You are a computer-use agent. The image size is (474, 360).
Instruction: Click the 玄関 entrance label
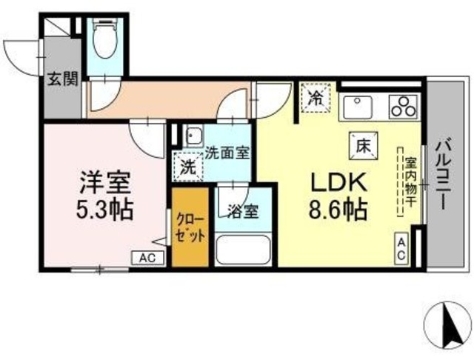(x=61, y=79)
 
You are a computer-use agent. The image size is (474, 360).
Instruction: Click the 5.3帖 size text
(x=106, y=210)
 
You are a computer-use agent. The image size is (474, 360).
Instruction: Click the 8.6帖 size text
(x=338, y=211)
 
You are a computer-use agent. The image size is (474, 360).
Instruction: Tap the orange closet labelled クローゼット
(x=190, y=227)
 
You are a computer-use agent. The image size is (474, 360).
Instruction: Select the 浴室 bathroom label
(x=241, y=211)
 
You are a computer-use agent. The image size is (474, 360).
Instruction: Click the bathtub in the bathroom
(x=244, y=250)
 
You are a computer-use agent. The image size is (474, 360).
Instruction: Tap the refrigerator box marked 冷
(x=316, y=98)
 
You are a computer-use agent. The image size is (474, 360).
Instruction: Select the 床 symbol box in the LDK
(x=362, y=144)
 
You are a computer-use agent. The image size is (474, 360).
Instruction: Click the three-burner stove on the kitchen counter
(x=404, y=107)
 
